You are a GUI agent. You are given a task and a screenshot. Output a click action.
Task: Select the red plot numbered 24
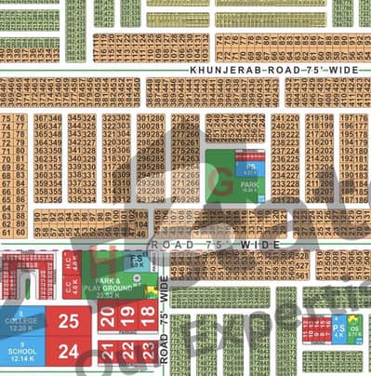(68, 352)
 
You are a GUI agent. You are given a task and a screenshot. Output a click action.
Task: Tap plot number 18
(147, 316)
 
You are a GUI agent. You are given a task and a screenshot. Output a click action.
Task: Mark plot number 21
(108, 351)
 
